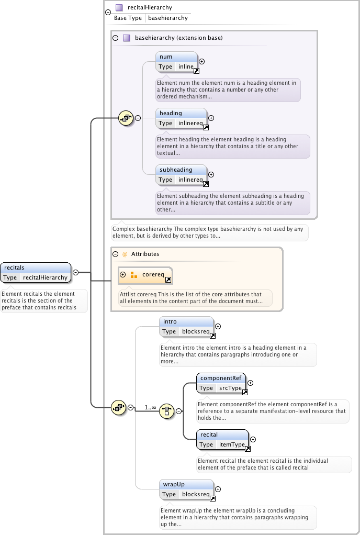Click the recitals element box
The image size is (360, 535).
36,273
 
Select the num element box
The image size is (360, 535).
176,62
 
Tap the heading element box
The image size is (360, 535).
182,118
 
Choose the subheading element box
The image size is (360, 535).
182,175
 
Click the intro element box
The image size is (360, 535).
186,327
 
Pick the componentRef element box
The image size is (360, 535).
221,383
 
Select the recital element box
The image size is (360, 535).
222,440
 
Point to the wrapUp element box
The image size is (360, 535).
186,489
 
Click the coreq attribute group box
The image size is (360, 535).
145,275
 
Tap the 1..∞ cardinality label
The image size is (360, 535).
150,407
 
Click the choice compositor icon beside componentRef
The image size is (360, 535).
167,411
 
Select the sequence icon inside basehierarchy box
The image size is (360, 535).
126,118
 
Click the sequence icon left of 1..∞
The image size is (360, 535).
119,407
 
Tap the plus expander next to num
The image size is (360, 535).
202,62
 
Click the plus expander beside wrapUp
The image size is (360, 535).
218,489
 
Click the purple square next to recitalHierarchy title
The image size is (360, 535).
119,7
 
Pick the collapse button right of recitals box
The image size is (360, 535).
76,272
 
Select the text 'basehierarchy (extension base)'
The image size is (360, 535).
178,38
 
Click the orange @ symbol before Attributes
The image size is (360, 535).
125,254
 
